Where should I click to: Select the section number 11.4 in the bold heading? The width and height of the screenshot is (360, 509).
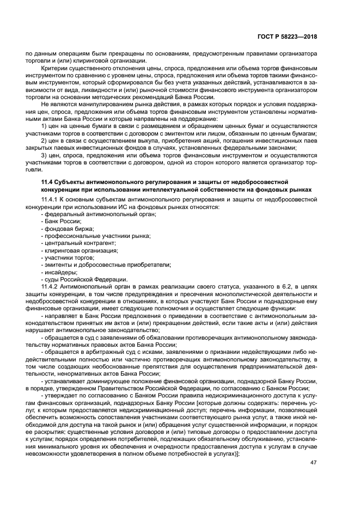click(x=48, y=181)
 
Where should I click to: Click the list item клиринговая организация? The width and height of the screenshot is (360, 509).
click(x=81, y=250)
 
